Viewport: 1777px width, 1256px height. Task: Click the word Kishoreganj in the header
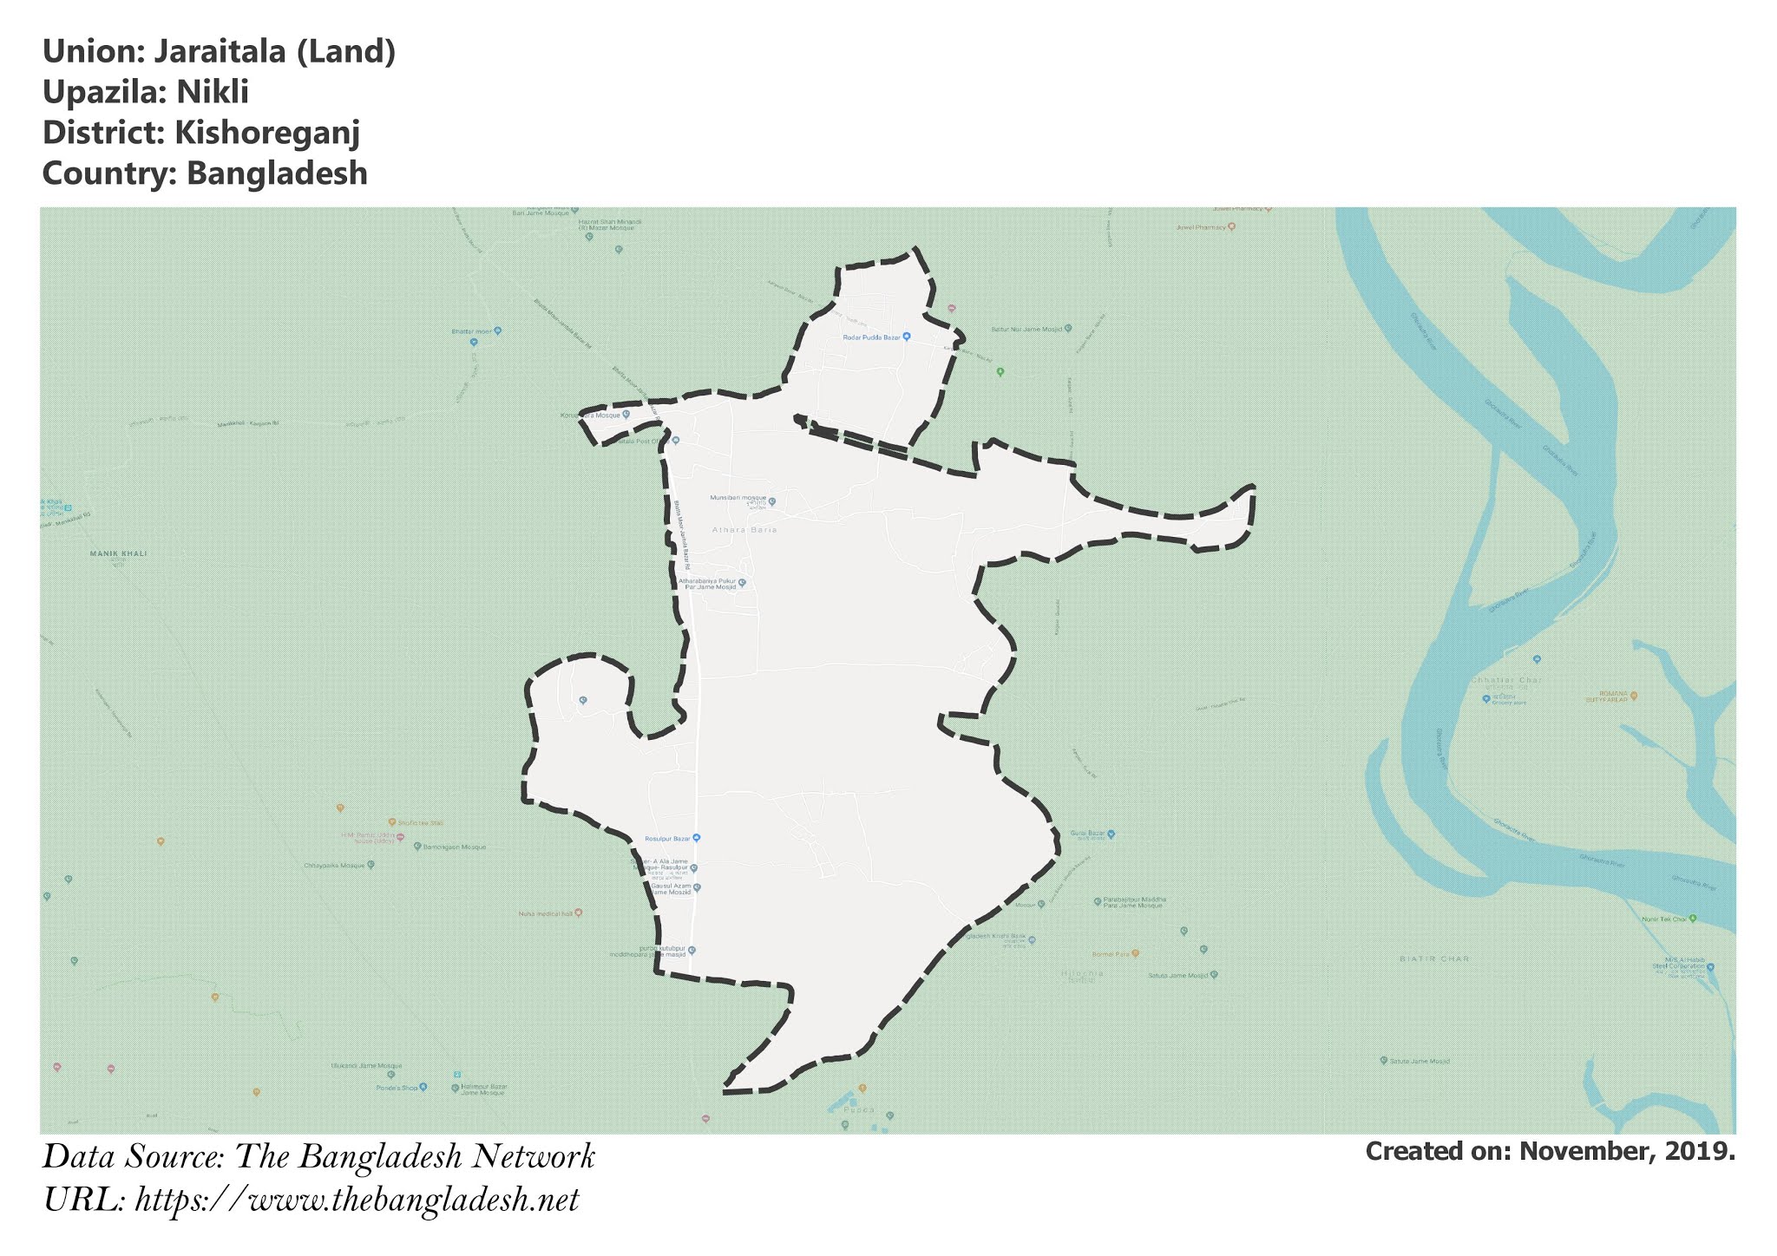click(x=266, y=133)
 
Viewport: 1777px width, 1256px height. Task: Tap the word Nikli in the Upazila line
click(x=213, y=92)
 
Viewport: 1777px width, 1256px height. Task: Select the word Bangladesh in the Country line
click(x=277, y=173)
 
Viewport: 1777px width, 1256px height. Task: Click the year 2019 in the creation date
click(x=1696, y=1151)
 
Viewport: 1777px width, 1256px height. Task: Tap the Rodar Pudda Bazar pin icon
click(x=907, y=337)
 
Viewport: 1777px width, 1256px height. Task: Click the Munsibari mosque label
click(x=738, y=499)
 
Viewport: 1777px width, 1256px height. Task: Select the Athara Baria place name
click(x=744, y=529)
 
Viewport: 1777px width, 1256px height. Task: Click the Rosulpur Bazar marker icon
click(x=696, y=838)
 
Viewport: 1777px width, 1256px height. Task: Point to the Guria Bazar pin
click(x=1111, y=834)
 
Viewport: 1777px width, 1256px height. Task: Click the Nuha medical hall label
click(x=545, y=913)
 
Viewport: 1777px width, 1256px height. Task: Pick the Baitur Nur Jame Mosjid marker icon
click(x=1068, y=329)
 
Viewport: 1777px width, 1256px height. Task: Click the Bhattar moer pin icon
click(x=497, y=330)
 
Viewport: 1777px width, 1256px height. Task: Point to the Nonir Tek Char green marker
click(x=1693, y=918)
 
